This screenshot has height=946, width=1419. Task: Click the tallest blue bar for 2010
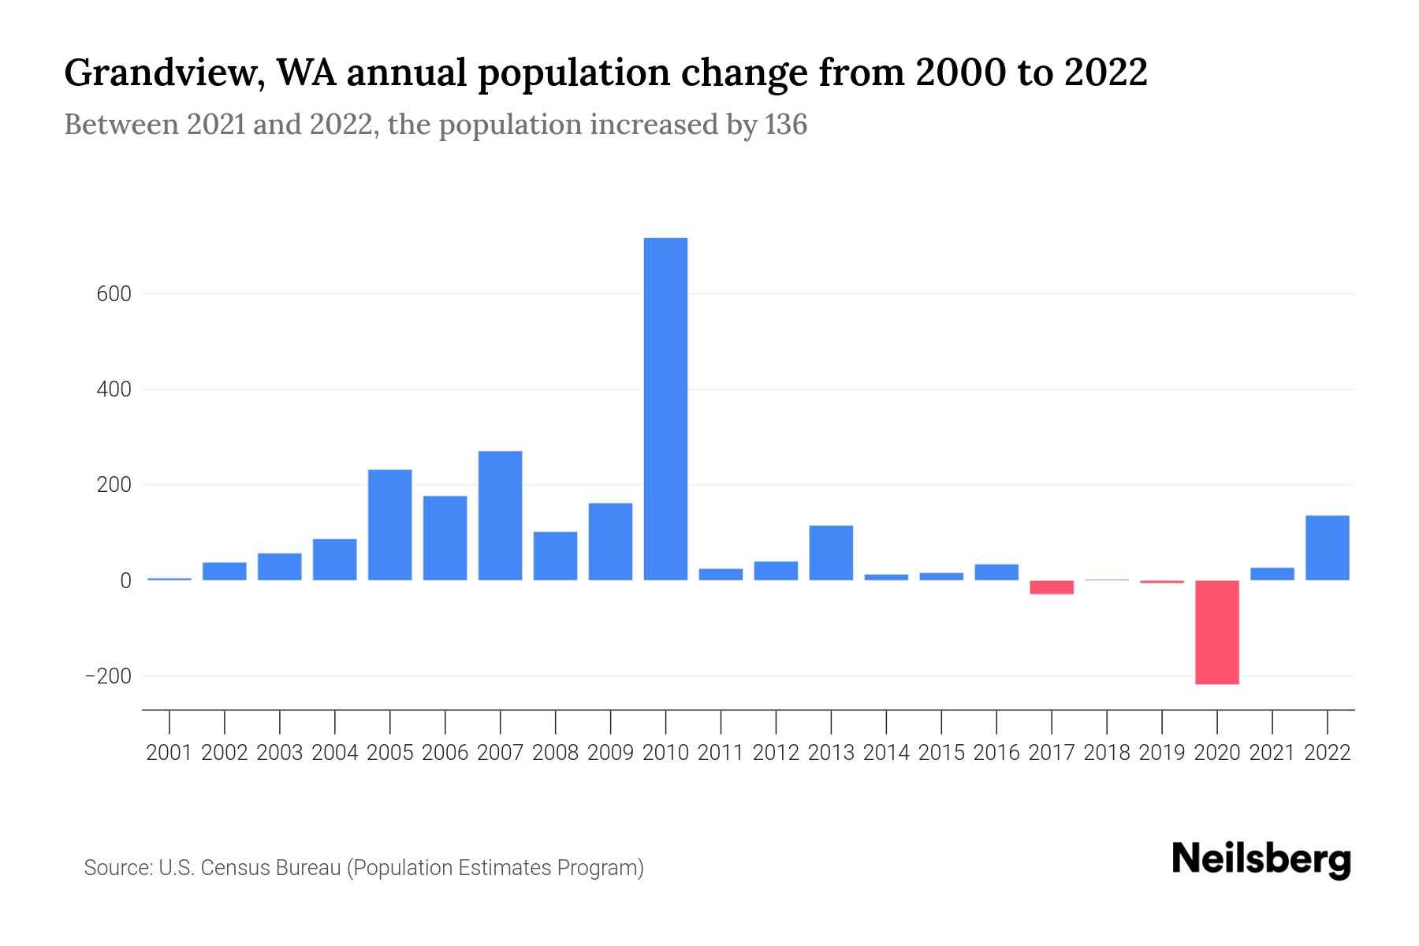pos(665,410)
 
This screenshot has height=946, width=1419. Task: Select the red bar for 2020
pos(1216,632)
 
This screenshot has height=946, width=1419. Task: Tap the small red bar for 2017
pos(1051,587)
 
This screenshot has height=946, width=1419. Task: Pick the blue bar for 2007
pos(500,516)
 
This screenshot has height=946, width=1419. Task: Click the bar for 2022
pos(1327,549)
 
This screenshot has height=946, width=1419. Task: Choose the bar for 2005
pos(389,526)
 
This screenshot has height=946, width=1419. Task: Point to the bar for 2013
pos(831,553)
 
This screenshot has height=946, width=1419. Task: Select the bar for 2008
pos(555,557)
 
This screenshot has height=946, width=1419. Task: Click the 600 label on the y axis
pos(114,294)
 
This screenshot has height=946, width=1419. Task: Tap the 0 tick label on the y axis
pos(125,581)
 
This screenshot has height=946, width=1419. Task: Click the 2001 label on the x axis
pos(169,753)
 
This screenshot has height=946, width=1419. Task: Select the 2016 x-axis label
pos(996,753)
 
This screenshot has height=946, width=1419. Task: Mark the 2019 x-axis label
pos(1161,753)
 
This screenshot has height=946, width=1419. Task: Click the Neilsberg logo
pos(1261,859)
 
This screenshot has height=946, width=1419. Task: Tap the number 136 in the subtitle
pos(785,125)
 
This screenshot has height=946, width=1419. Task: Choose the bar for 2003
pos(279,568)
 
